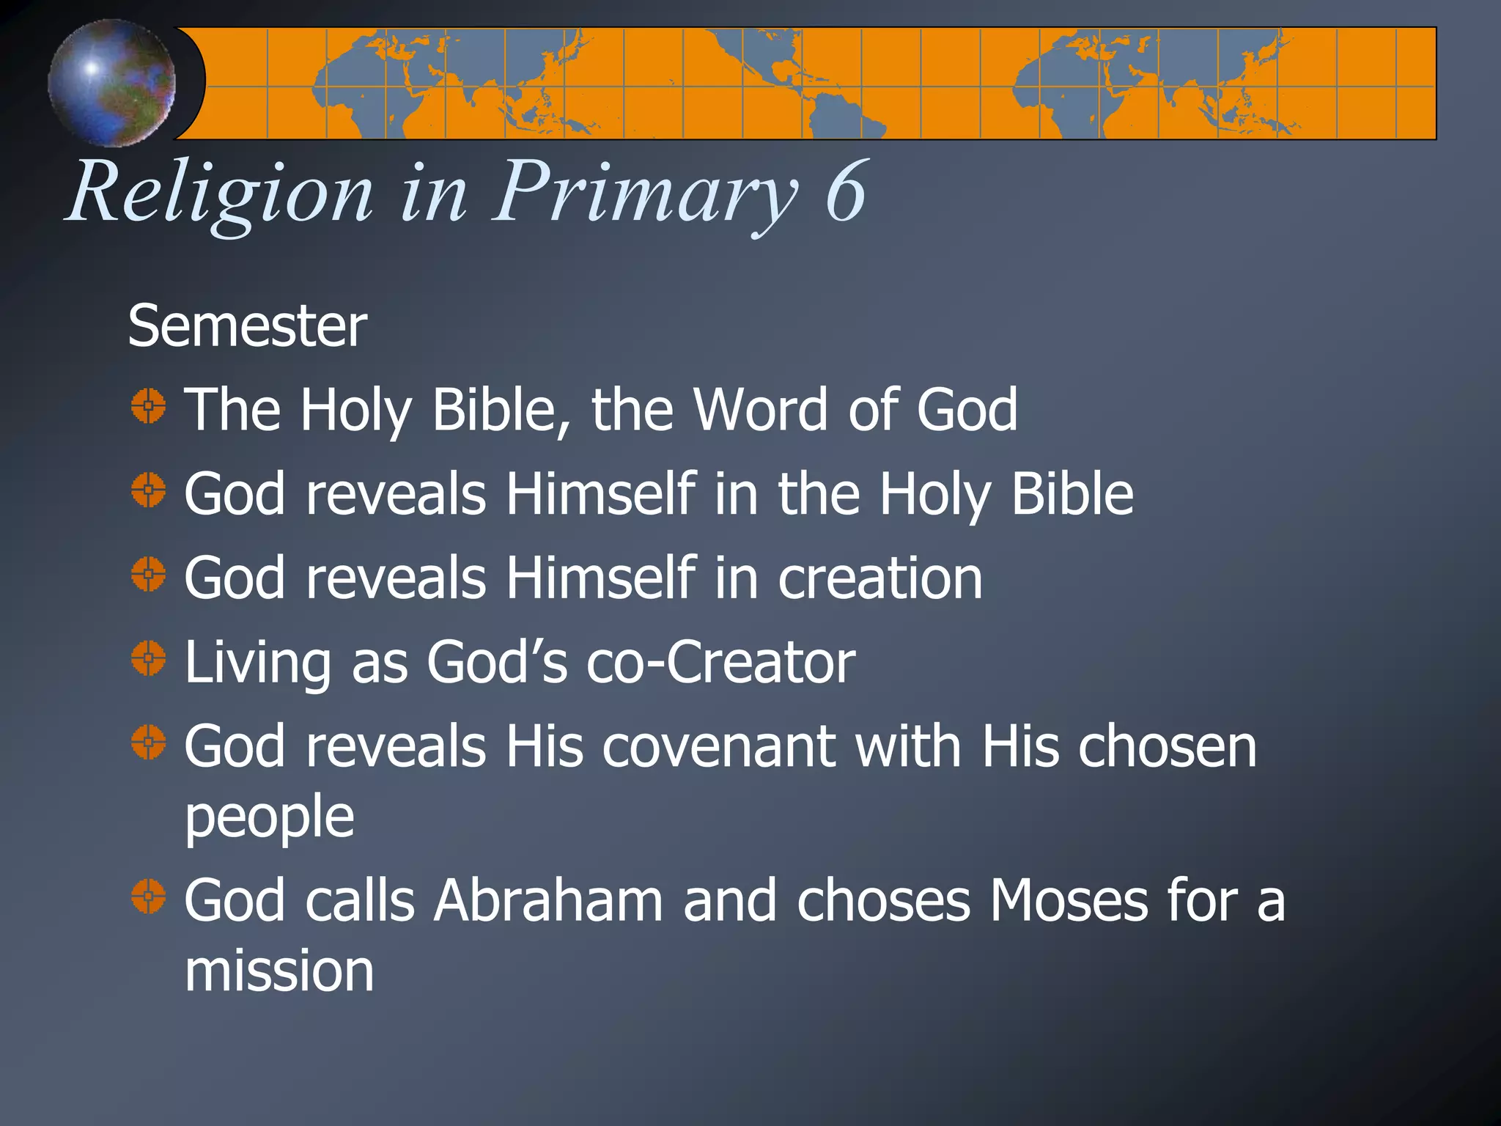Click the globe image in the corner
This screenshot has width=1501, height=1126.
111,82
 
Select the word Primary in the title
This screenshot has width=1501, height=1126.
645,192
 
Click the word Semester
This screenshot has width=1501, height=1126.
247,326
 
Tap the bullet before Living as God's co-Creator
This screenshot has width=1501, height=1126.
149,658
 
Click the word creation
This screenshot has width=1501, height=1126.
879,578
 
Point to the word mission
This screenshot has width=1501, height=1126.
279,971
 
